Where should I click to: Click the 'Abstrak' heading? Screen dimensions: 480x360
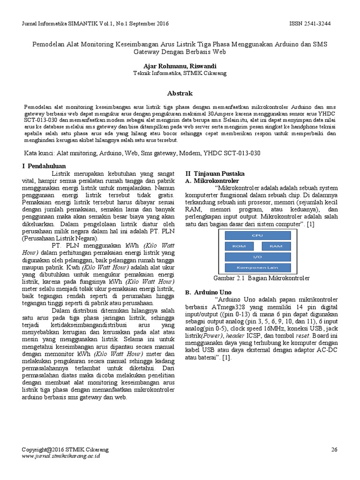click(x=180, y=93)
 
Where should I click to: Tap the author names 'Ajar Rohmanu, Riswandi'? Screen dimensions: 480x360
click(x=180, y=66)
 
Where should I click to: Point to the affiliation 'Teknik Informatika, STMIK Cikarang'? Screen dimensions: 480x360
click(x=180, y=74)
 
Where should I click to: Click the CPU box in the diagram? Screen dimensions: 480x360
click(x=257, y=235)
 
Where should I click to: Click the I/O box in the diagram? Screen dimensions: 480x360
click(x=257, y=257)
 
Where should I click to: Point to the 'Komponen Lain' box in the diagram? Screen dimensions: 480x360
click(x=257, y=268)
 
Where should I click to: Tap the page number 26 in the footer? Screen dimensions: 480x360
click(x=334, y=449)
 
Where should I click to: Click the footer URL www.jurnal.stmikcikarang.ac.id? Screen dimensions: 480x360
click(x=61, y=455)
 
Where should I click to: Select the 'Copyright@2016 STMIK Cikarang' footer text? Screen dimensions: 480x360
click(x=65, y=449)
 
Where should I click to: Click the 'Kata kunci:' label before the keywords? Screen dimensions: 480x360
click(x=39, y=153)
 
